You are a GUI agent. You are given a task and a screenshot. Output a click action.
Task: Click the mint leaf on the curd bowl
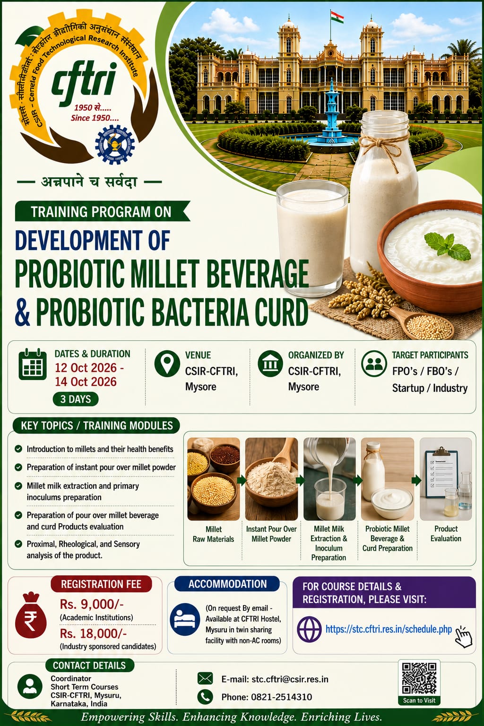pos(447,246)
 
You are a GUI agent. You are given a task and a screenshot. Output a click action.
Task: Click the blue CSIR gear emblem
pos(115,144)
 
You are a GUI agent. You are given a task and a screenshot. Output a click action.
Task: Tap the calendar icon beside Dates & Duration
pos(33,364)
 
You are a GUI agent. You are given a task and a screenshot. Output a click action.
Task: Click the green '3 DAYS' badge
pos(76,399)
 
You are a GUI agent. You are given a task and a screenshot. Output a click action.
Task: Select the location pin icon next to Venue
pos(167,363)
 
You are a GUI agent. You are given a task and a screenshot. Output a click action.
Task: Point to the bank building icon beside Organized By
pos(270,363)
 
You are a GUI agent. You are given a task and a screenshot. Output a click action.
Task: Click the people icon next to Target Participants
pos(374,363)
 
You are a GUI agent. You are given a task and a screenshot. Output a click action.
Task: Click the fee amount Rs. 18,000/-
pos(93,634)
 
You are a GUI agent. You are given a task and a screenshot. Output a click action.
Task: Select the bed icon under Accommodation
pos(185,619)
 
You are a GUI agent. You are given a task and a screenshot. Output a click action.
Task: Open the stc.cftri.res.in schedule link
pos(389,629)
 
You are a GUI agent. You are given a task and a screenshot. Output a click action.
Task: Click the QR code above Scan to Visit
pos(419,678)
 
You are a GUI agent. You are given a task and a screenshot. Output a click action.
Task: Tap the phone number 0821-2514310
pos(281,697)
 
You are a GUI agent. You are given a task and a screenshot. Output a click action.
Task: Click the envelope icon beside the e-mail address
pos(205,678)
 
